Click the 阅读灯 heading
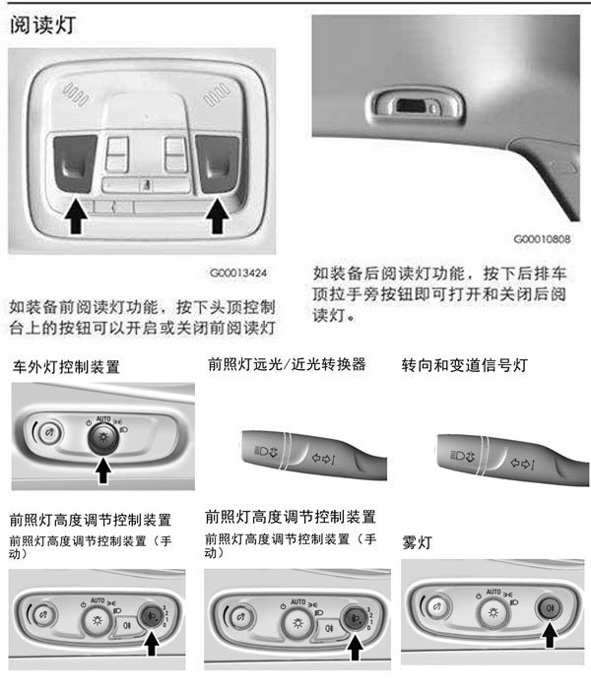pos(42,25)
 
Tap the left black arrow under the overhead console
pos(77,217)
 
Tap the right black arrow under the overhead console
pos(218,217)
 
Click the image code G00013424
pos(238,273)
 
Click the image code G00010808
pos(542,239)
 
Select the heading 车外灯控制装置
pos(66,367)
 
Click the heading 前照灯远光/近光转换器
pos(287,364)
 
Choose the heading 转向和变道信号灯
pos(464,365)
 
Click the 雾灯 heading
pos(417,542)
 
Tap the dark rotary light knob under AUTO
pos(103,439)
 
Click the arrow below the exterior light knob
pos(103,470)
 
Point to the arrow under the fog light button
pos(550,634)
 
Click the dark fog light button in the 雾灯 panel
pos(549,608)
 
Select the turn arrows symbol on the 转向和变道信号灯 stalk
pos(522,464)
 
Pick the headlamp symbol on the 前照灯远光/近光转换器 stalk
pos(266,451)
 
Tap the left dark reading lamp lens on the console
pos(75,163)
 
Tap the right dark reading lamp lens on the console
pos(218,163)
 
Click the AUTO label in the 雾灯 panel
pos(493,592)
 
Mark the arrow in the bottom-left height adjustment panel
pos(152,643)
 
